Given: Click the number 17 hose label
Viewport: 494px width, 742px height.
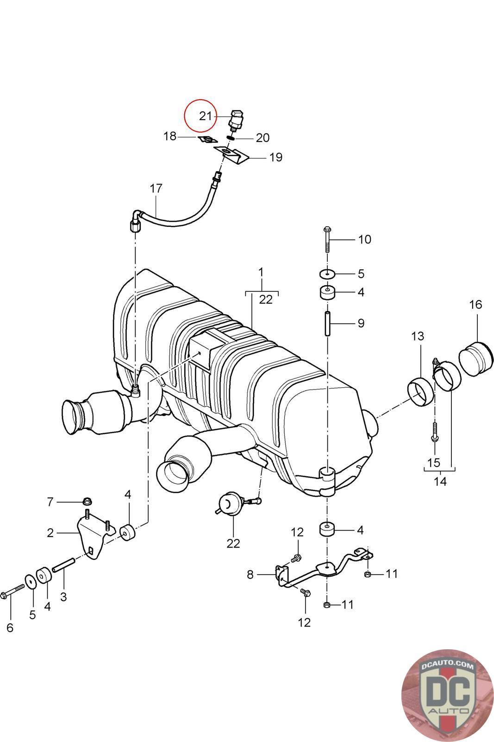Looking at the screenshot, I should click(156, 188).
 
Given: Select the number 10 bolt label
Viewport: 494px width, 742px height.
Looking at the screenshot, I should click(364, 239).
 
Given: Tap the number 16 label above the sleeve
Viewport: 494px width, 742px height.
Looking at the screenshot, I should click(475, 305).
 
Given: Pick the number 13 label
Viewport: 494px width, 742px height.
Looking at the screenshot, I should click(418, 336).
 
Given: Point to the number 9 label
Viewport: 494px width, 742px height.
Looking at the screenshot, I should click(361, 323).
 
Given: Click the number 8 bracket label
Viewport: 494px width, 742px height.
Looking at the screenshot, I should click(250, 575).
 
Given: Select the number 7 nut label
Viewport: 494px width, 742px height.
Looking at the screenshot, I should click(50, 501).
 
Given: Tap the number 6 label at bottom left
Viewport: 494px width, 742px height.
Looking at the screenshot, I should click(10, 628).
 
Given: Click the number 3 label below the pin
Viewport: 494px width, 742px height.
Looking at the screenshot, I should click(63, 596).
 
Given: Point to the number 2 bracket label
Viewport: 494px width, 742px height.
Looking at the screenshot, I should click(50, 533).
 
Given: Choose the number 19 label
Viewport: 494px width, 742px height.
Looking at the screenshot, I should click(276, 157).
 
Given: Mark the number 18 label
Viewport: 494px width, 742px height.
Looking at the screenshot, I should click(170, 136).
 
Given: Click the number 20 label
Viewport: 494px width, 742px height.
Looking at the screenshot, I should click(263, 138).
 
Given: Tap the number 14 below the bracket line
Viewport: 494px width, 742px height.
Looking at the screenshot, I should click(440, 481).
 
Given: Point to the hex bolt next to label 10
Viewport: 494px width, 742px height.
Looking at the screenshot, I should click(326, 239).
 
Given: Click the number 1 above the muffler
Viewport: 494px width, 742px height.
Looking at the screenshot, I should click(261, 272).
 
